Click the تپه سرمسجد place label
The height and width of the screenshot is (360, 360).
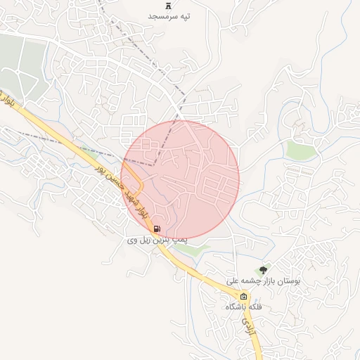coord(169,15)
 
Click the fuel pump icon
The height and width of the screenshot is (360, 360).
coord(155,229)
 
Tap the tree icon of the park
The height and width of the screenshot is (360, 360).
coord(264,269)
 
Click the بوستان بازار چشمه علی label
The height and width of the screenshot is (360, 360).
coord(264,280)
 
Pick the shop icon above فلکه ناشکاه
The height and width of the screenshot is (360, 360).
coord(244,297)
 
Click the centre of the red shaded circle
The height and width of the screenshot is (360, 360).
coord(180,179)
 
